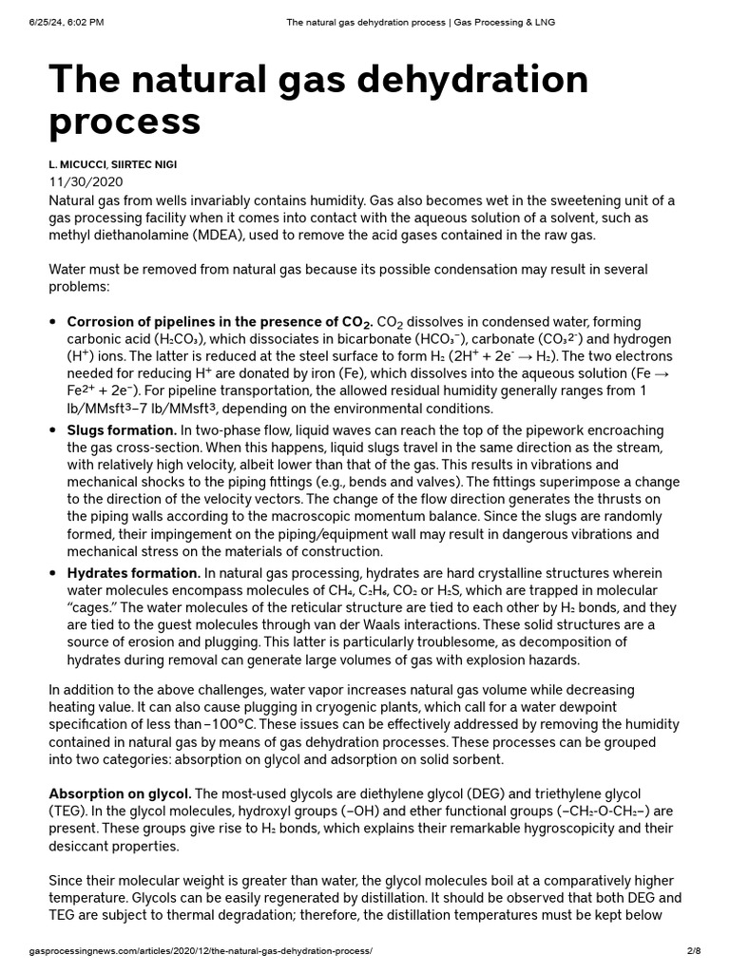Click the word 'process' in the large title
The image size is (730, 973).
125,121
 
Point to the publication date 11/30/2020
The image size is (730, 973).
86,181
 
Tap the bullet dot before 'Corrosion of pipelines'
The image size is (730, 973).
53,322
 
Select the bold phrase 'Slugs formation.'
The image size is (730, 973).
122,430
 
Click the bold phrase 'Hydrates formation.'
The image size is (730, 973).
133,572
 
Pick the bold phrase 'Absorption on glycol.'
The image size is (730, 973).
120,793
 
